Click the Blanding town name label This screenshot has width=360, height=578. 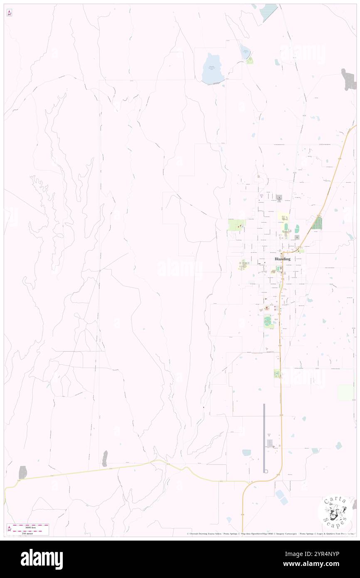tap(282, 259)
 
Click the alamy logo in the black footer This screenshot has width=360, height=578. tap(42, 559)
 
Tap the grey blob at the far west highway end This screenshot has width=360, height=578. tap(22, 472)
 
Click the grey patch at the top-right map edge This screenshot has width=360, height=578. tap(348, 79)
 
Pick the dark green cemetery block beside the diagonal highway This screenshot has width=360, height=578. tap(317, 223)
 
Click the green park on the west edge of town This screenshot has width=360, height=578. tap(237, 225)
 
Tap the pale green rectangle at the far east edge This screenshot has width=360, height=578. tap(345, 393)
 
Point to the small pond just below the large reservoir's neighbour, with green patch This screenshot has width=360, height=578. tap(249, 61)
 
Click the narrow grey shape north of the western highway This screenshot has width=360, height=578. tap(105, 458)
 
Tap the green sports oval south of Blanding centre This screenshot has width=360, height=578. tap(267, 321)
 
